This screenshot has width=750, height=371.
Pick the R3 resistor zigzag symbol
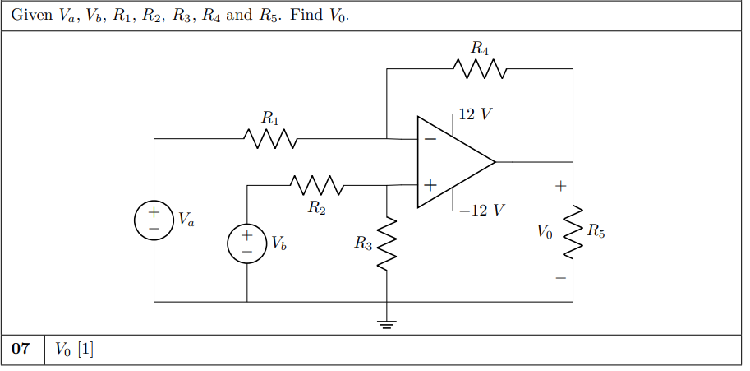[387, 243]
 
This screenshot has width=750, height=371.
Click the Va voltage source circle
[154, 220]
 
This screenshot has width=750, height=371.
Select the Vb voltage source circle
[247, 244]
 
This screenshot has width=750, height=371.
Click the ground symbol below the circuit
[387, 322]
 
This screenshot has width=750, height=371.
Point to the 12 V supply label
[476, 114]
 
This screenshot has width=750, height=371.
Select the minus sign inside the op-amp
[430, 140]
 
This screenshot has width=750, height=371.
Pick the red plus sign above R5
[560, 187]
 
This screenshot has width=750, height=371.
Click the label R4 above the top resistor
[480, 49]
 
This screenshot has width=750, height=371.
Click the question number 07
[22, 350]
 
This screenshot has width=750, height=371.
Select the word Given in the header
[30, 16]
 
